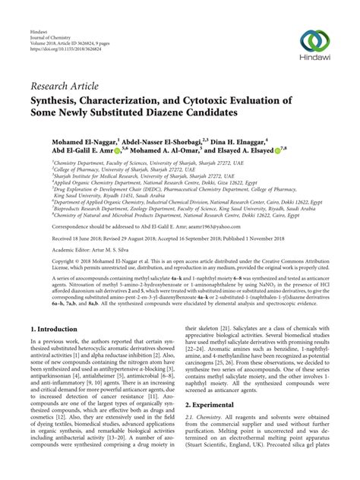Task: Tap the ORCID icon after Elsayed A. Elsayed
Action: click(278, 150)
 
